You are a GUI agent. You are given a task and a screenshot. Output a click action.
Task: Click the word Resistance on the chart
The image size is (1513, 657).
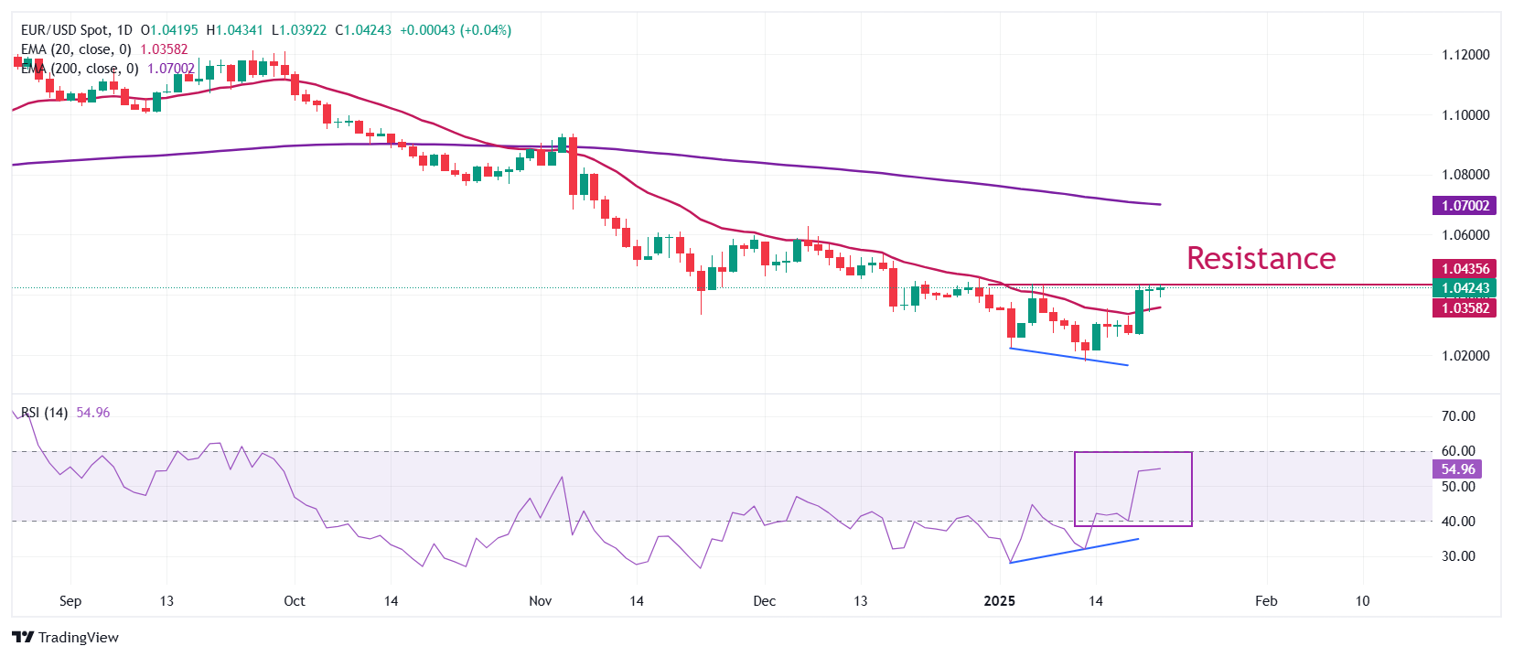coord(1261,258)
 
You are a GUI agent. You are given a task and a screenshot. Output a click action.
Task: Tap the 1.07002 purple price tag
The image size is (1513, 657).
coord(1465,206)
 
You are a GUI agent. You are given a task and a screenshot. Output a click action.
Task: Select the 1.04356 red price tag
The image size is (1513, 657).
coord(1465,269)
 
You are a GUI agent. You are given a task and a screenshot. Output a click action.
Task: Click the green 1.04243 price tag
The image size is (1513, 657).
coord(1465,288)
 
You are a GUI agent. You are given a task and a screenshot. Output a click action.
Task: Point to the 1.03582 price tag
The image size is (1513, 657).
coord(1465,308)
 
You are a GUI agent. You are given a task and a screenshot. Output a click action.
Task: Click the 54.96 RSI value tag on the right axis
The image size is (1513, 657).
coord(1458,469)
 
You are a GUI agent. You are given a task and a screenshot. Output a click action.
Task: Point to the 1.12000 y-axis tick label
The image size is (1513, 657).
coord(1465,55)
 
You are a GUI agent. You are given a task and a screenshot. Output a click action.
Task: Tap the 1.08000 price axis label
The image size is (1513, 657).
coord(1465,175)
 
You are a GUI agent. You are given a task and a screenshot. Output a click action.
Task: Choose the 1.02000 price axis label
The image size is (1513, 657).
coord(1465,356)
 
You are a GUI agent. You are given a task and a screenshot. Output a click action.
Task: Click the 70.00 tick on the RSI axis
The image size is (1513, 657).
coord(1458,416)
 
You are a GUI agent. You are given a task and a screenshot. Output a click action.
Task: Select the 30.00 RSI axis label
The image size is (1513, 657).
coord(1458,556)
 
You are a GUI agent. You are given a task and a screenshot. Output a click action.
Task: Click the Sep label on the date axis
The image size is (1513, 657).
coord(70,601)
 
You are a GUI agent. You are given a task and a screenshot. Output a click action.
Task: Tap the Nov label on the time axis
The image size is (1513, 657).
coord(541,601)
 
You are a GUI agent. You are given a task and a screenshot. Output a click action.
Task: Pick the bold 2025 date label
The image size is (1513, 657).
coord(999,601)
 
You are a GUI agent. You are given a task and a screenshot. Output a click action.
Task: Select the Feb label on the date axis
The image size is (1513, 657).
coord(1266,601)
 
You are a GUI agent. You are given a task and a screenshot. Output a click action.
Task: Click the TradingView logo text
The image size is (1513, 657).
coord(78,638)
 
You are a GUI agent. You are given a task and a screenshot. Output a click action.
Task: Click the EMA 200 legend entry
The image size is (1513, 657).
coord(80,69)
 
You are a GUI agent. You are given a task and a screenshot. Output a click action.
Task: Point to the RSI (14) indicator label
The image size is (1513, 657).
coord(44,413)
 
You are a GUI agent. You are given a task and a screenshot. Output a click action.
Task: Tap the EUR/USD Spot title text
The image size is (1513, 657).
coord(63,30)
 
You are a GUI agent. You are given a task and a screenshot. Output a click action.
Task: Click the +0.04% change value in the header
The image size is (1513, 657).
coord(487,30)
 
